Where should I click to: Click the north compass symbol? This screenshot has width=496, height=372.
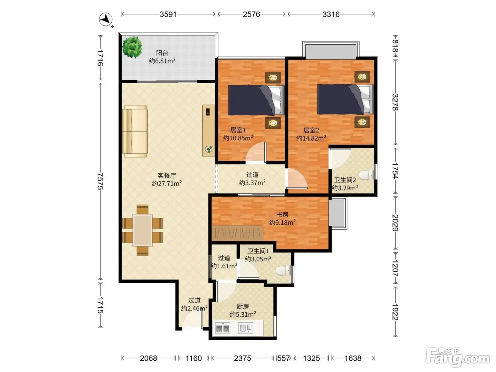106,19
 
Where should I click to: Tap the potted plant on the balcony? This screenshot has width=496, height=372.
132,47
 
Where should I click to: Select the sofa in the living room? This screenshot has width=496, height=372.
135,131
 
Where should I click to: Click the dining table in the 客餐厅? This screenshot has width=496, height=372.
142,230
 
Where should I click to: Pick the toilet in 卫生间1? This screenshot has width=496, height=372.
283,270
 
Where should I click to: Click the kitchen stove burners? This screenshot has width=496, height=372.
223,328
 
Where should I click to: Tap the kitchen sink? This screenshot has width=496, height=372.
246,328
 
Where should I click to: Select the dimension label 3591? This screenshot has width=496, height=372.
168,15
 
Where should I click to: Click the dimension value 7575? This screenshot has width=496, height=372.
100,181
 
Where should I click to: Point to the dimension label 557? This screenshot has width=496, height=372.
283,358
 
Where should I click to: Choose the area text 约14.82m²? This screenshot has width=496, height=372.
311,138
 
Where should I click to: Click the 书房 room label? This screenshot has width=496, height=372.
282,214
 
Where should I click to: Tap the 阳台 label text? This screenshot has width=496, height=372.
162,53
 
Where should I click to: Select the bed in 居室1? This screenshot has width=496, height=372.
256,100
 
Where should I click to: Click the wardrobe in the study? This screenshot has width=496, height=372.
237,233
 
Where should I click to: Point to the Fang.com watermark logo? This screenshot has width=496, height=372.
458,358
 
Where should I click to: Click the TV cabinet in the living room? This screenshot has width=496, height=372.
208,130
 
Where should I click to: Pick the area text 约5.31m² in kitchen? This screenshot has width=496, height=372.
243,314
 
